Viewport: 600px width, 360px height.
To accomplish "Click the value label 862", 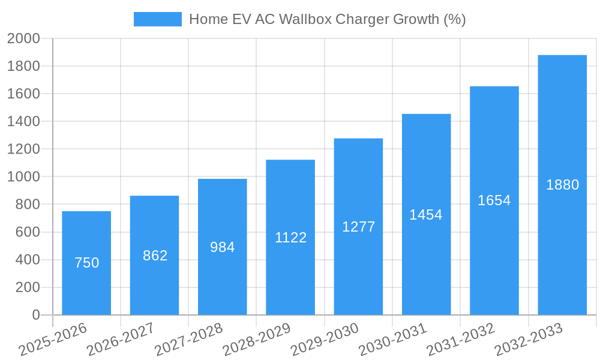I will pyautogui.click(x=155, y=256).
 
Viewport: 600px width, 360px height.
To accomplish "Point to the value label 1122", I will pyautogui.click(x=290, y=238).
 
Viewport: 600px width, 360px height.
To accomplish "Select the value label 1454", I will pyautogui.click(x=426, y=215).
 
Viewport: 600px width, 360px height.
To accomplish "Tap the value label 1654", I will pyautogui.click(x=494, y=200).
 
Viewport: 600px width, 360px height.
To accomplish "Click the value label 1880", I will pyautogui.click(x=562, y=185).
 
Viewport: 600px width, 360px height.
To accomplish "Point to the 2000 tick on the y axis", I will pyautogui.click(x=23, y=38).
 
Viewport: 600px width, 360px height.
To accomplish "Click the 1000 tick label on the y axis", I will pyautogui.click(x=23, y=177).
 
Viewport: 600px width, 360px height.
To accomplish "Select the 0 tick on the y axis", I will pyautogui.click(x=36, y=315).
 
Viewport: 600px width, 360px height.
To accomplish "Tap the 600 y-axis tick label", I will pyautogui.click(x=27, y=232).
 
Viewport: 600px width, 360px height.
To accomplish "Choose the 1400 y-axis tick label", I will pyautogui.click(x=23, y=122).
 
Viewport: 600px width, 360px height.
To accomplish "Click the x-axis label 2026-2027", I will pyautogui.click(x=121, y=340).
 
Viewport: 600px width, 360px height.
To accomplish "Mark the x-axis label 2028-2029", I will pyautogui.click(x=257, y=340).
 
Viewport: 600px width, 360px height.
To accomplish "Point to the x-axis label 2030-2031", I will pyautogui.click(x=393, y=340).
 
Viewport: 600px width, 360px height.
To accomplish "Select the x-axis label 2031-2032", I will pyautogui.click(x=461, y=340).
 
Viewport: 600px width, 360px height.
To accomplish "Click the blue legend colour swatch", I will pyautogui.click(x=157, y=19).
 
